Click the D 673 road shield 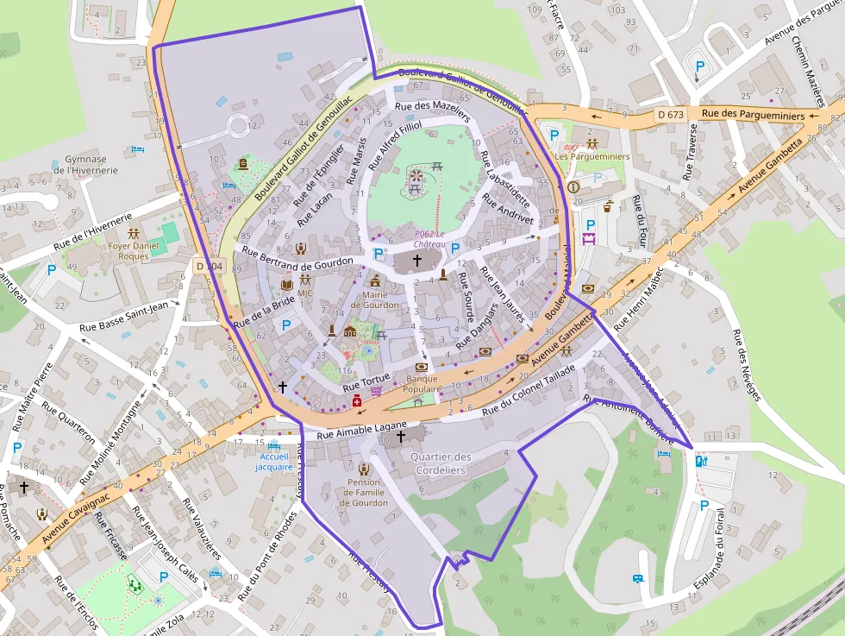coord(670,114)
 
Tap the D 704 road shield coord(209,267)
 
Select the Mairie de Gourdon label coord(374,299)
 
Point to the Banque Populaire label coord(422,383)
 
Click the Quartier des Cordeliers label coord(441,463)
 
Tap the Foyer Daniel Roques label coord(134,250)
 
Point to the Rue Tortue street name coord(366,381)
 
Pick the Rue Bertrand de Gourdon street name coord(298,257)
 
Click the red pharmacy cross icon coord(356,400)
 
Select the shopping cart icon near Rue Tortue coord(376,391)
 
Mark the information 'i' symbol coord(573,186)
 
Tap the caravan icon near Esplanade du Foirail coord(639,579)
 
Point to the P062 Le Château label coord(429,238)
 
